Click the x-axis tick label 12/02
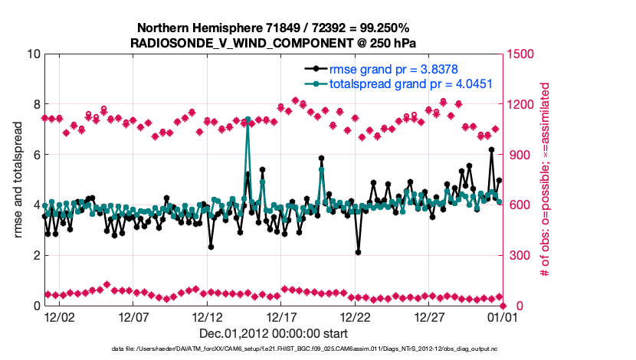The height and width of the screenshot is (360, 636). click(x=59, y=316)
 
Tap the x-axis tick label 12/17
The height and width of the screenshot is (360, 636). click(x=281, y=316)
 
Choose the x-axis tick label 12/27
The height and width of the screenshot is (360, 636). click(x=429, y=316)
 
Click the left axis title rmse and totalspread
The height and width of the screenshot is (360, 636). click(x=17, y=179)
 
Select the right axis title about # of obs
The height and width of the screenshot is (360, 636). click(x=545, y=179)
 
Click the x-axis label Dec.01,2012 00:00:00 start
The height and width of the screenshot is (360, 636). click(x=274, y=333)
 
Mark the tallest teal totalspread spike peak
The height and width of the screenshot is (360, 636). click(x=248, y=119)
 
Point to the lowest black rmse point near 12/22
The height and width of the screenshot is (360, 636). click(x=358, y=252)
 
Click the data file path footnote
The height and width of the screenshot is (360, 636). click(x=274, y=349)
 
